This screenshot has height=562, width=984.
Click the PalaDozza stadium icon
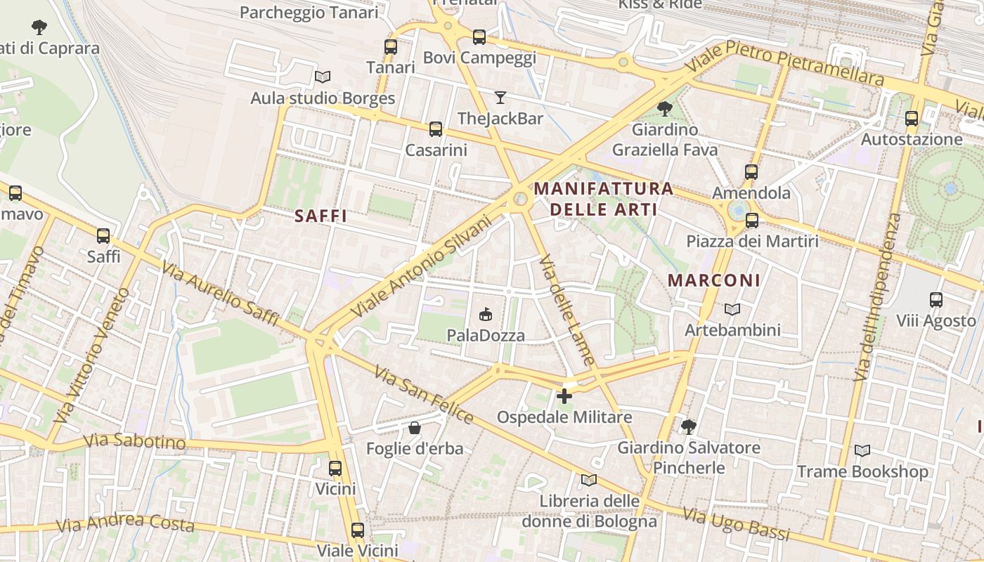(x=485, y=314)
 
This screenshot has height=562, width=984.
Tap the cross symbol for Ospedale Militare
(x=564, y=396)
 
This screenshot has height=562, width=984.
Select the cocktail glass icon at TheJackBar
(x=500, y=97)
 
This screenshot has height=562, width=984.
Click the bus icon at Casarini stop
(x=436, y=129)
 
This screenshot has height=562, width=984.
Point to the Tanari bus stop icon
(x=391, y=47)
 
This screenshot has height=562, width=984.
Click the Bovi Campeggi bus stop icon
(x=479, y=37)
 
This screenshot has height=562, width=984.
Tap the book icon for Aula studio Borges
(x=323, y=77)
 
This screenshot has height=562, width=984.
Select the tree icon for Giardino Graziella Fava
(x=664, y=108)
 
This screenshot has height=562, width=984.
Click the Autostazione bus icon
(x=912, y=119)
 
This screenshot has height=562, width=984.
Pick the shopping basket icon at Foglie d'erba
(x=415, y=427)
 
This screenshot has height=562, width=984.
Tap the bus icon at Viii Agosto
(x=936, y=300)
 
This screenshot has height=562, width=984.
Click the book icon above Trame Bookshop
(x=862, y=450)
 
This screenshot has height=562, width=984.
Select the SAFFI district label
(x=321, y=216)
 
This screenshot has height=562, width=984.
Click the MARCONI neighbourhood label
(x=714, y=280)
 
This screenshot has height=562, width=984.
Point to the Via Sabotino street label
(x=134, y=441)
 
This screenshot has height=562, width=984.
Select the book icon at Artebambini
(x=732, y=309)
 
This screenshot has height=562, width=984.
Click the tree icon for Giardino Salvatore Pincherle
(x=688, y=426)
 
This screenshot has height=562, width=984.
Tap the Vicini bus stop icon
(x=335, y=468)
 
